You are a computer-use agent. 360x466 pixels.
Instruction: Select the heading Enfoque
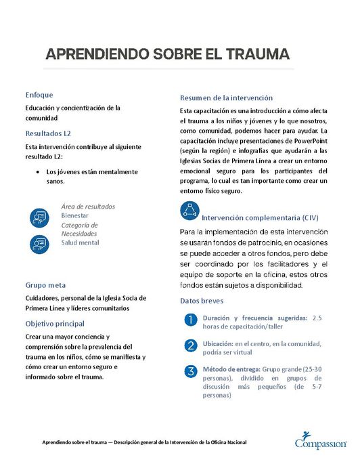(39, 95)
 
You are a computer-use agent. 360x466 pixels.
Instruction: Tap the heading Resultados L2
(48, 133)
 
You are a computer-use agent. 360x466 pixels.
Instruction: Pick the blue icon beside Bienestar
(39, 217)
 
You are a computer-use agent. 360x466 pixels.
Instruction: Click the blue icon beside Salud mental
(39, 242)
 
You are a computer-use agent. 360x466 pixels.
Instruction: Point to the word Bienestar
(75, 215)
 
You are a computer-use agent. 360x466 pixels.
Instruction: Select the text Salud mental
(80, 242)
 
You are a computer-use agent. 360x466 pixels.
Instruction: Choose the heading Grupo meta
(45, 285)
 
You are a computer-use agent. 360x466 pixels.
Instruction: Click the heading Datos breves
(202, 300)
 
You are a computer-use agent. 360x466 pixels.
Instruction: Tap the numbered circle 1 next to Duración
(191, 319)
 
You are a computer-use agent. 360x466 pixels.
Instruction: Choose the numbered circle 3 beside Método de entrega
(191, 370)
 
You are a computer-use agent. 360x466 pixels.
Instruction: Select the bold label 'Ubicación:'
(218, 344)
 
